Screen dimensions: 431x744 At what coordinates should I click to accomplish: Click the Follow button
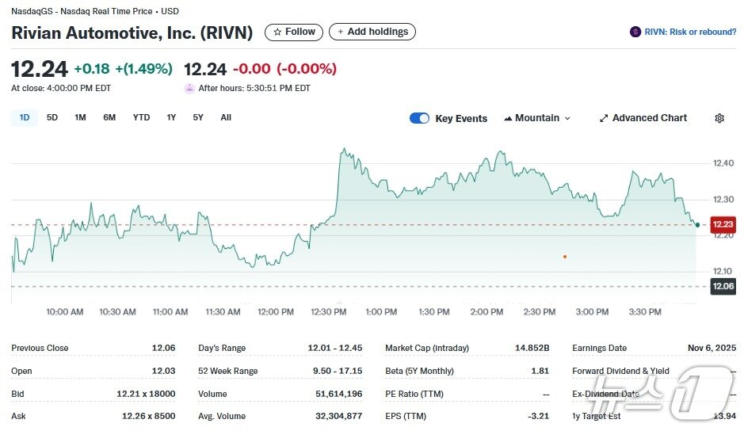[x=294, y=32]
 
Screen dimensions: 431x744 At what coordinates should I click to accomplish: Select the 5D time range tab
[x=52, y=118]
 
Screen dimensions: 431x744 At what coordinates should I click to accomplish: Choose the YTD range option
[x=141, y=118]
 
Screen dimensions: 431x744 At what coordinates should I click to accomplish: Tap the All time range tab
[x=226, y=118]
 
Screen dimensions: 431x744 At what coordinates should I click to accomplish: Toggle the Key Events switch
[x=419, y=118]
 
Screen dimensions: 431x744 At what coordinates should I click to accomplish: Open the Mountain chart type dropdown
[x=536, y=118]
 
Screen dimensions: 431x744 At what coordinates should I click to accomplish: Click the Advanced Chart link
[x=643, y=118]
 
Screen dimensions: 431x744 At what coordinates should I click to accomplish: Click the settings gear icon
[x=719, y=118]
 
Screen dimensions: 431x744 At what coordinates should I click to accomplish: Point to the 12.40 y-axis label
[x=723, y=163]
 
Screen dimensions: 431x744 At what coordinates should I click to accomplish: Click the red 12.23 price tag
[x=723, y=225]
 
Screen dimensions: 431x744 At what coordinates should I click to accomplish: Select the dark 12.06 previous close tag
[x=723, y=287]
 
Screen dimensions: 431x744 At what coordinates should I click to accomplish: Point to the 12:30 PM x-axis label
[x=329, y=312]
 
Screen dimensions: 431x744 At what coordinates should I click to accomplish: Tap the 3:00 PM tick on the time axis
[x=592, y=312]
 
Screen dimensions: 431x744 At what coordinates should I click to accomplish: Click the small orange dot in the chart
[x=565, y=256]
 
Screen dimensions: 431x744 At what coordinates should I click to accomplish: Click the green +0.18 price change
[x=92, y=69]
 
